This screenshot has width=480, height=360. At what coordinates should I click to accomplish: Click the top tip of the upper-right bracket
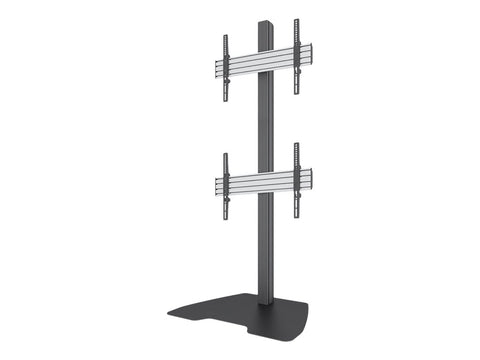click(296, 21)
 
